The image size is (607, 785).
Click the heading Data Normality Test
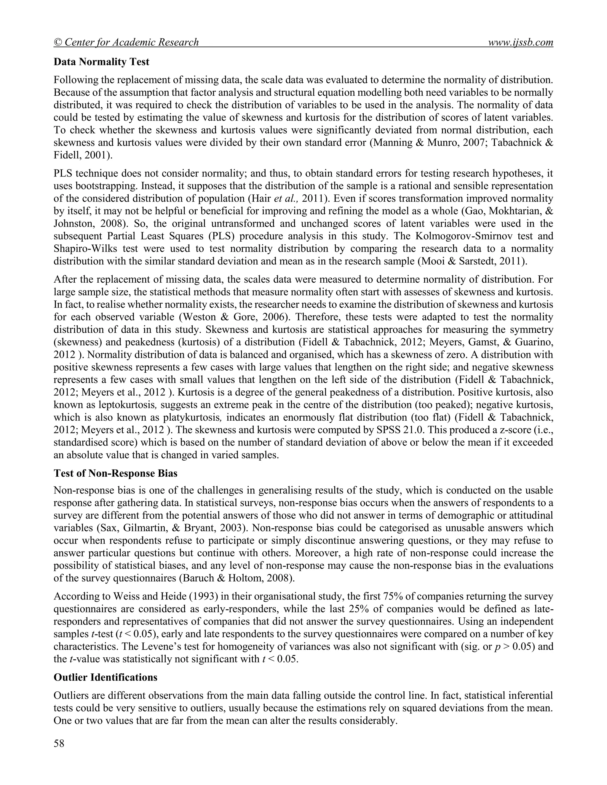[x=101, y=62]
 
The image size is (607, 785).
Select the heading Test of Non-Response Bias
[x=115, y=473]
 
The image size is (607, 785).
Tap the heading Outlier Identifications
[x=105, y=677]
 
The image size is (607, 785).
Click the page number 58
[x=59, y=743]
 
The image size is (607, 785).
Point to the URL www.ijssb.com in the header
[x=520, y=42]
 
